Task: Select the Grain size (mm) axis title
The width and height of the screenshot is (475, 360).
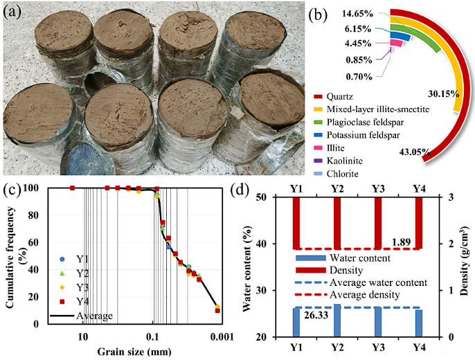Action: pyautogui.click(x=128, y=350)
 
